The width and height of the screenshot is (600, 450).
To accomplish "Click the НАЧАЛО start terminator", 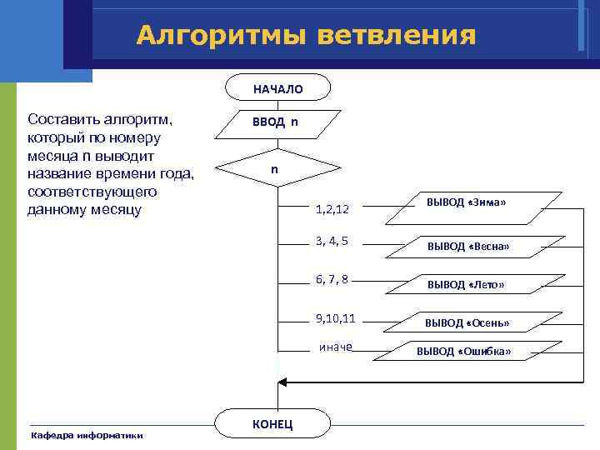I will (277, 88).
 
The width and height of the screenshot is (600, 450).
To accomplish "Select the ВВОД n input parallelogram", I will (277, 123).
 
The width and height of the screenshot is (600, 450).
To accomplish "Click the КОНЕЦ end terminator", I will (272, 424).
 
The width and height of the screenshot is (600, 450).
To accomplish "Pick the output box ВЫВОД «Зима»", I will (467, 205).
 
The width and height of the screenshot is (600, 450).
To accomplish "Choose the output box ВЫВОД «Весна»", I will (467, 247).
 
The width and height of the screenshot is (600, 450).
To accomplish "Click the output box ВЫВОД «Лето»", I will (466, 284).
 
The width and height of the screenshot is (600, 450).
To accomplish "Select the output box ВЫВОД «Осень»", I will (467, 322).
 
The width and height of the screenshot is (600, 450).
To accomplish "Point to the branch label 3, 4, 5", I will (332, 242).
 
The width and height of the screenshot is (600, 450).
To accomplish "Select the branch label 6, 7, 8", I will (332, 279).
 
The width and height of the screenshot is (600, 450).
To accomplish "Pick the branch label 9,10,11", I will (335, 317).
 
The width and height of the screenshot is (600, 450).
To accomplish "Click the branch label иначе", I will (336, 347).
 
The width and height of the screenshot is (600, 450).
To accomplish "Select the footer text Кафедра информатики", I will (87, 435).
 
